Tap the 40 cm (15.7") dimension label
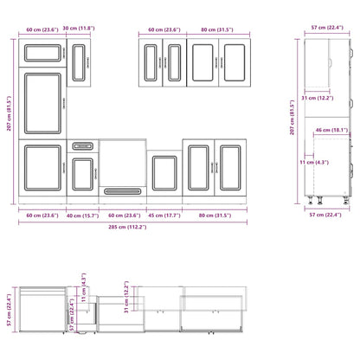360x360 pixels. (83, 215)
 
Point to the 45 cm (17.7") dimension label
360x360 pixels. (162, 215)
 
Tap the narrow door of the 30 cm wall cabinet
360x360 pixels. (82, 62)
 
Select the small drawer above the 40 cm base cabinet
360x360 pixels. (82, 145)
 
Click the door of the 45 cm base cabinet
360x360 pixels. (162, 172)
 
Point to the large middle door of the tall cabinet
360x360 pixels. (42, 103)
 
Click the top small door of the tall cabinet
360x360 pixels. (42, 54)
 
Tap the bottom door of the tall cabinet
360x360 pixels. (42, 167)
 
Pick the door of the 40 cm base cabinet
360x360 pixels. (82, 173)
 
